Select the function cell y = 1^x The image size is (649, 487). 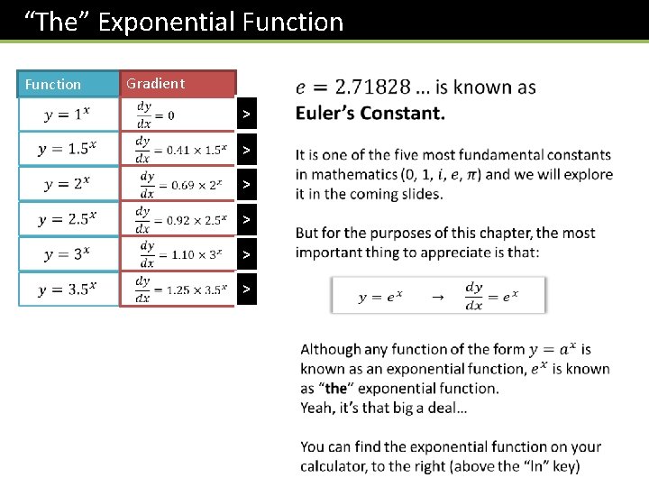click(x=69, y=114)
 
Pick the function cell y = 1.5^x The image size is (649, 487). click(x=69, y=149)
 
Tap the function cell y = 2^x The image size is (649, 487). click(x=69, y=184)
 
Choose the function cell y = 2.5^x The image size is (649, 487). click(x=69, y=219)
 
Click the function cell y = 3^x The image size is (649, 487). click(x=69, y=254)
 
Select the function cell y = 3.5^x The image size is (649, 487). click(x=69, y=289)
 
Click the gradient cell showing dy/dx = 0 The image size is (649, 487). click(x=177, y=114)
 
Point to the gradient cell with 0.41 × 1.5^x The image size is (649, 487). click(x=177, y=149)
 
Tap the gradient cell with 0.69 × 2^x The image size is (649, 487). click(x=177, y=184)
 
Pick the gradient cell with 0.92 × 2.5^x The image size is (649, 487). click(x=177, y=219)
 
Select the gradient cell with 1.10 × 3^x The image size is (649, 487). click(x=177, y=254)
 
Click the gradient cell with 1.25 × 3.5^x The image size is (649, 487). click(x=177, y=289)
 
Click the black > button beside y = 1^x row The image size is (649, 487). click(x=246, y=115)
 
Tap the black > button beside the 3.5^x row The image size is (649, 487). click(x=246, y=289)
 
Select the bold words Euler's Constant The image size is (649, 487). click(x=370, y=114)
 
